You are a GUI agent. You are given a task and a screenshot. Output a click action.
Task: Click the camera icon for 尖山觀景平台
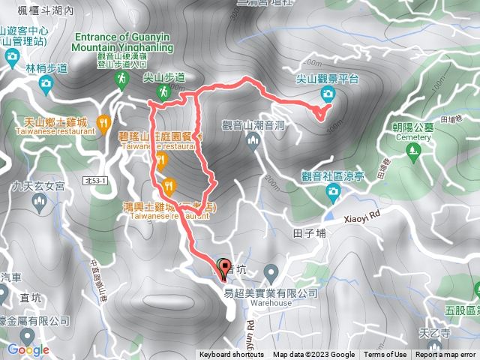point(328,93)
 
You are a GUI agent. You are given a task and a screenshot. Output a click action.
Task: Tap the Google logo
point(28,349)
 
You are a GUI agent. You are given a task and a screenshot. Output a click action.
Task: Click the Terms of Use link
point(385,355)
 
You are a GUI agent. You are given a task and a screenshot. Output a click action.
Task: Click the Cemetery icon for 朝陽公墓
point(411,151)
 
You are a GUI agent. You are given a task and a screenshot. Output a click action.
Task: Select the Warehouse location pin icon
point(271,270)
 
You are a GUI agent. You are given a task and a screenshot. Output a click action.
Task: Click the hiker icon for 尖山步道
point(163,91)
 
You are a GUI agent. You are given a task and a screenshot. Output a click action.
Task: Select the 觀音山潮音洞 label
point(253,125)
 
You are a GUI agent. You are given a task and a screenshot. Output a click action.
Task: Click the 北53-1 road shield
point(96,181)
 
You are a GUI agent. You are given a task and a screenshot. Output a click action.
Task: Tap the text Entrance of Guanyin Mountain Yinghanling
point(124,43)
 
